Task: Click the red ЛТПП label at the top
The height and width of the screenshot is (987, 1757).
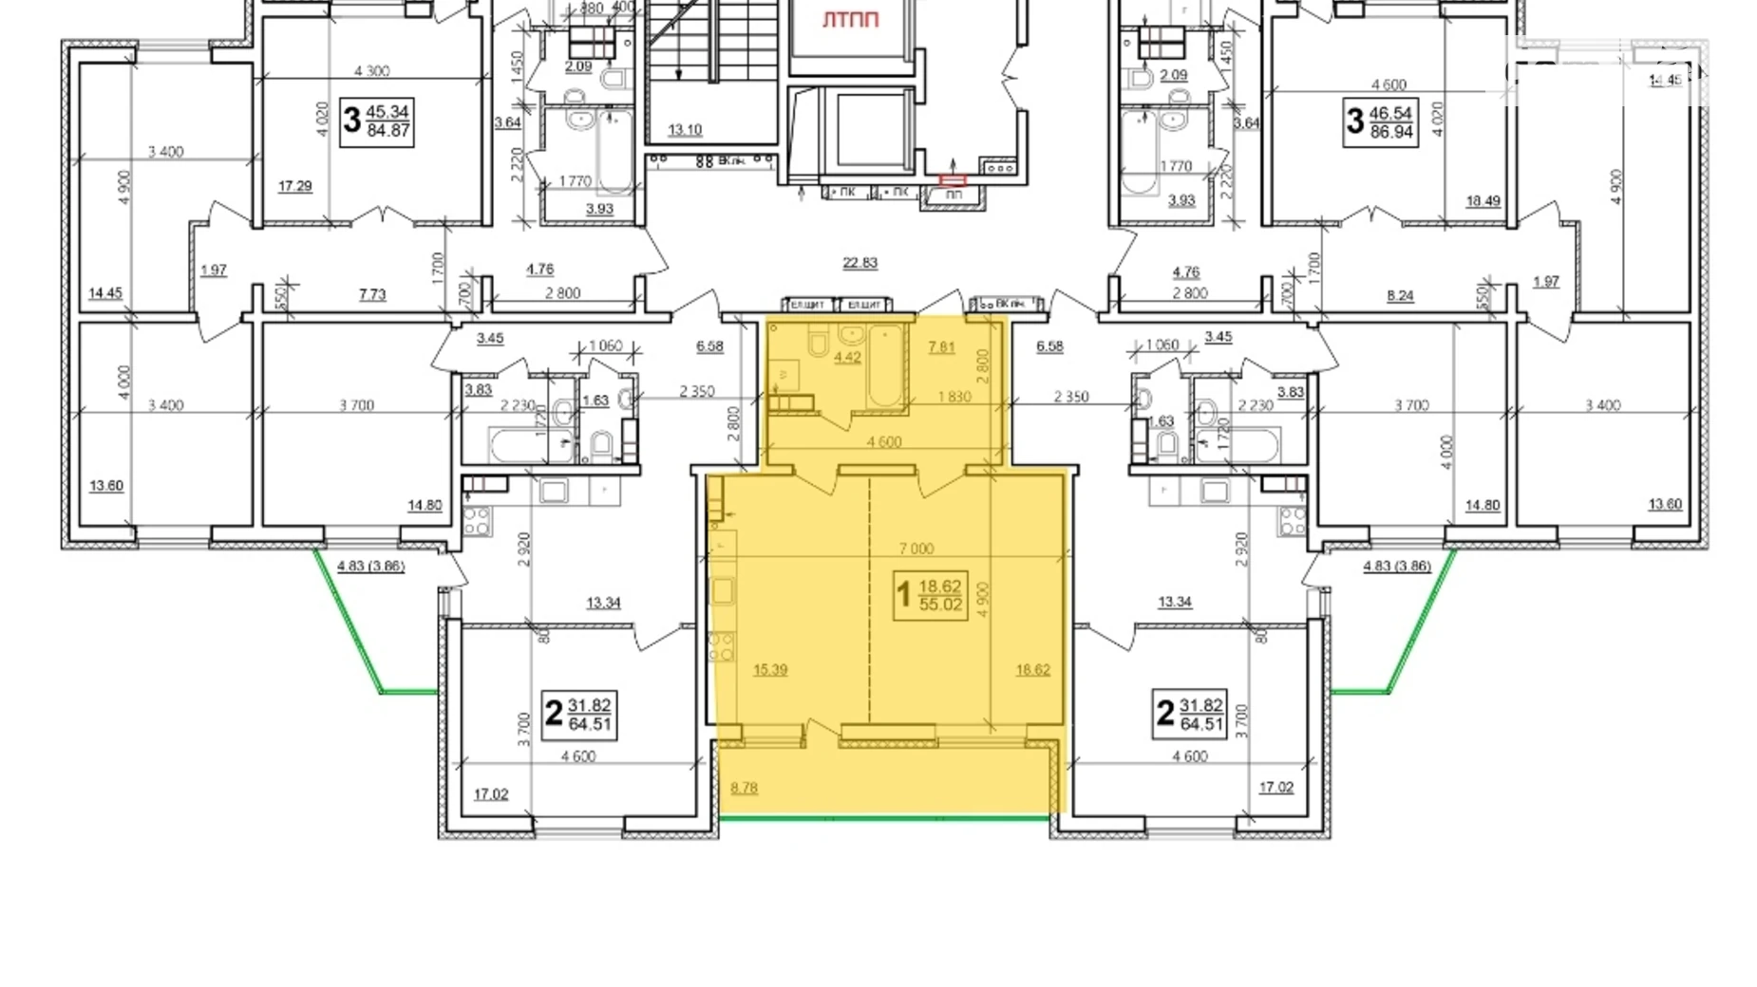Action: [850, 20]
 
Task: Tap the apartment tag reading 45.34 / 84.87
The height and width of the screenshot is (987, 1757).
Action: [377, 121]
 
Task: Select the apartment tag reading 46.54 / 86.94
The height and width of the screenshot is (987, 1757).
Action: [1381, 122]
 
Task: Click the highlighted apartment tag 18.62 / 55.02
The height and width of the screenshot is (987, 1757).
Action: [930, 595]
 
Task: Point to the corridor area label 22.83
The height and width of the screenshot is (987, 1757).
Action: [860, 263]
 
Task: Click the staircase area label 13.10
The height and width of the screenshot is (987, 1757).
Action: [684, 130]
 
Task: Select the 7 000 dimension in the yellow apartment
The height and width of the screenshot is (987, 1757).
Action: [916, 549]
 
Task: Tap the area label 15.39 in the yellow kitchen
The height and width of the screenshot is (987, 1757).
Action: [769, 670]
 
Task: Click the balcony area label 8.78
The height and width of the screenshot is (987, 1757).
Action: [744, 788]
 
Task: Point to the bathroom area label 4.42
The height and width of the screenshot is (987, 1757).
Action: [846, 358]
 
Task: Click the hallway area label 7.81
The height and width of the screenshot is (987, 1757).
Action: [940, 347]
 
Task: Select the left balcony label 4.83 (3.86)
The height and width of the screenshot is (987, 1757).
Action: [370, 566]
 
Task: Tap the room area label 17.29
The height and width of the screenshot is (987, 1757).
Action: [294, 186]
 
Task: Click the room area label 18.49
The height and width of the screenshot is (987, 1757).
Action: [1483, 201]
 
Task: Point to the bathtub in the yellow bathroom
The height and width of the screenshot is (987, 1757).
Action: [885, 365]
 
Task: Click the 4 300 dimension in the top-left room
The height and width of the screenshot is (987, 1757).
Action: [371, 71]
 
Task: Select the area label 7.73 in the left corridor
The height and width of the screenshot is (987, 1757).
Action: [372, 295]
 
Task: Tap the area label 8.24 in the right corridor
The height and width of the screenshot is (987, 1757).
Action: [1399, 296]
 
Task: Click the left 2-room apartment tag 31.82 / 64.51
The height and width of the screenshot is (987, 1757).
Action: [579, 715]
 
